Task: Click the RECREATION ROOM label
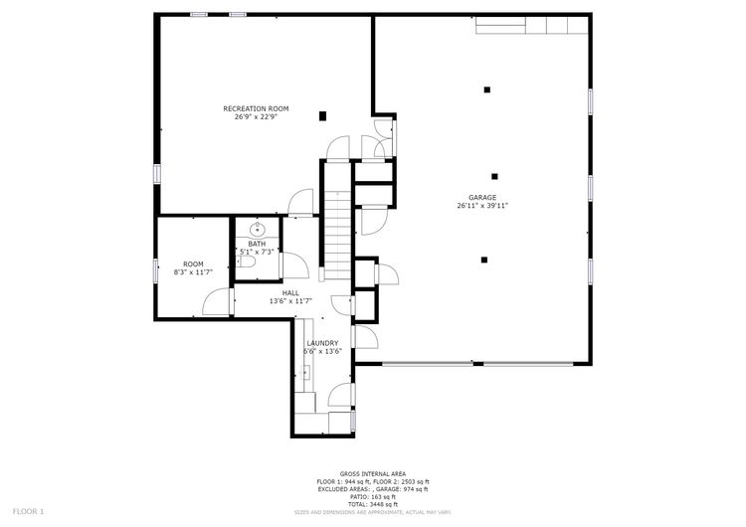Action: pos(256,107)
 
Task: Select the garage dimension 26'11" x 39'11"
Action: pos(482,206)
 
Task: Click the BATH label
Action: pos(257,244)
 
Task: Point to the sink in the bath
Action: pos(256,229)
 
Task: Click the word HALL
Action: pos(290,292)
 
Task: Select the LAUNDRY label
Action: pos(322,342)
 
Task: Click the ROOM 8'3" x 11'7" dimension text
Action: pos(193,271)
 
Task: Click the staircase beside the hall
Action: pos(337,235)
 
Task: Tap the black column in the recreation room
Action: pos(322,116)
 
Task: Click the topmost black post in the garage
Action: pos(486,89)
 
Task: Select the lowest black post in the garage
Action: pos(484,260)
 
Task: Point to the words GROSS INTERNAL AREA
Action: pos(373,473)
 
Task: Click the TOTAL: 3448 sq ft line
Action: pos(373,504)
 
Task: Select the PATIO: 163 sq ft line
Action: pos(373,497)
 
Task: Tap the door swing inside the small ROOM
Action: pos(212,302)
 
